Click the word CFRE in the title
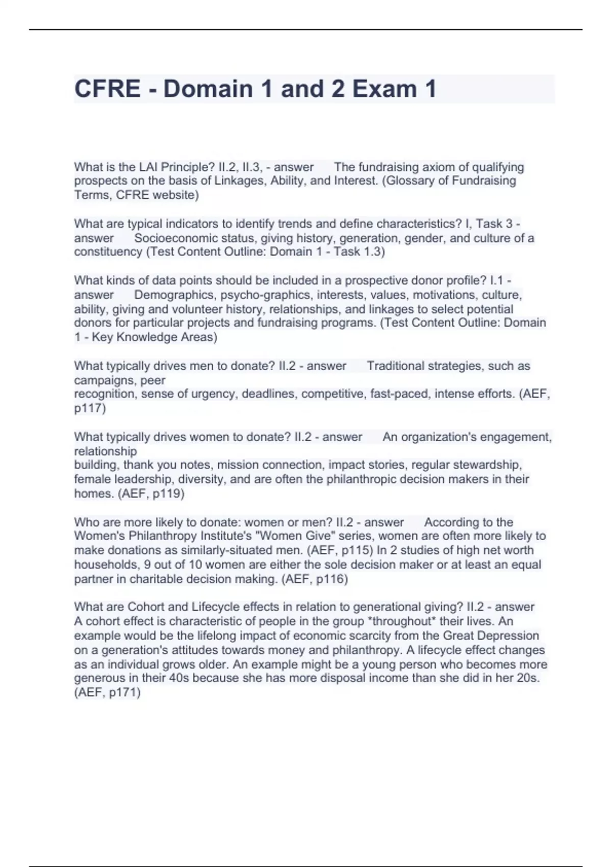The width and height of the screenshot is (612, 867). [x=107, y=89]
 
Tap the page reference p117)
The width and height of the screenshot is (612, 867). [x=90, y=408]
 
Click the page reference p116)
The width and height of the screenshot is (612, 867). [x=331, y=579]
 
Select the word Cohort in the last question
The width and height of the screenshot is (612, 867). [x=146, y=607]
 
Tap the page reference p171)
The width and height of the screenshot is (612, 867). [x=124, y=692]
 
